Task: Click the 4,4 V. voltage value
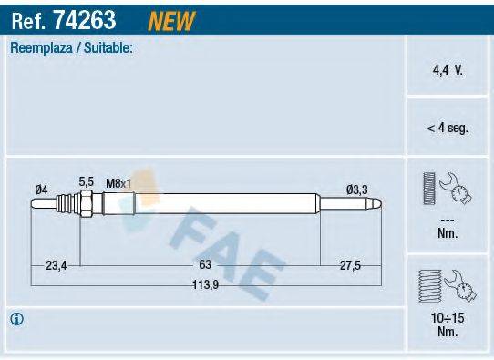[447, 68]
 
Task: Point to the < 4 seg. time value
[447, 129]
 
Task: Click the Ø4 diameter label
[41, 189]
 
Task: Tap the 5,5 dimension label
[87, 182]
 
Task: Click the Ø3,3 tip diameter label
[357, 189]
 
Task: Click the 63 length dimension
[205, 264]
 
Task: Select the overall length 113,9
[205, 283]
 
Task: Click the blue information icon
[16, 319]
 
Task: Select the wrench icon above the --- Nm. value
[447, 189]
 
